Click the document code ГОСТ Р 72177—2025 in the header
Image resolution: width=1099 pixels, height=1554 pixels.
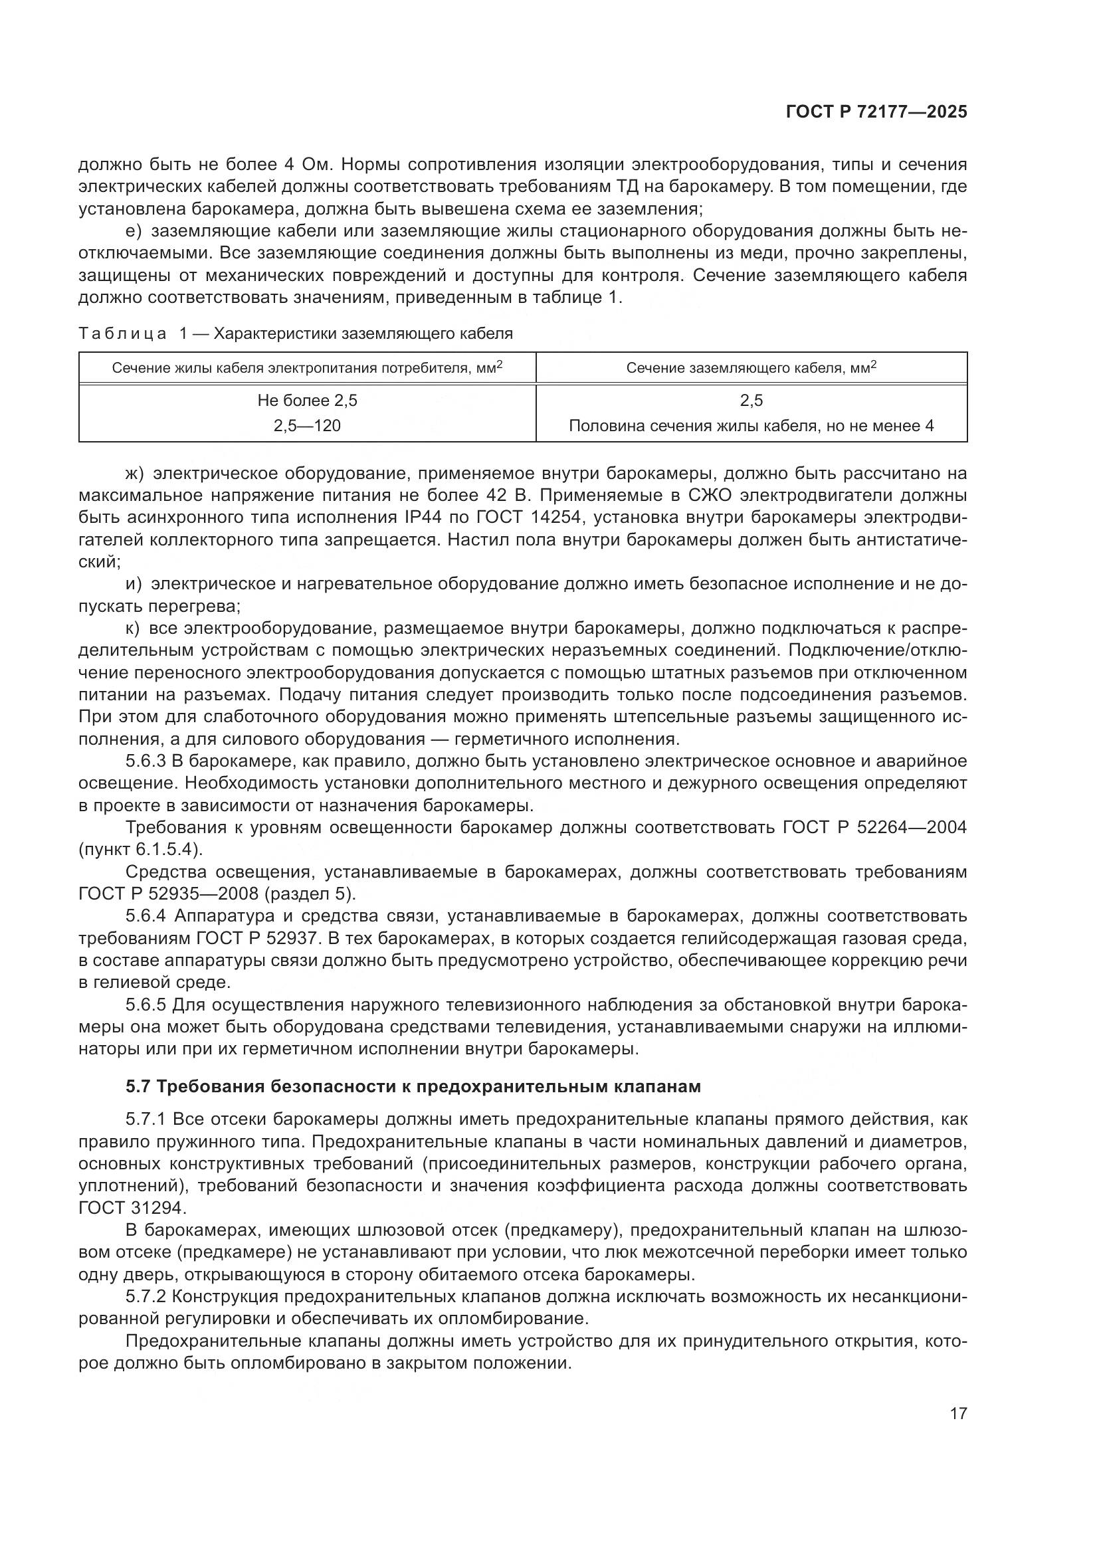coord(876,112)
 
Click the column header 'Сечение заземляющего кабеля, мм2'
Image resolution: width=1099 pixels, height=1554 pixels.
coord(751,367)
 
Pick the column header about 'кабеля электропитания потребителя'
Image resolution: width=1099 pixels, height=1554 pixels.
coord(307,367)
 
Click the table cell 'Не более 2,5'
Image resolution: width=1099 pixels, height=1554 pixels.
coord(307,401)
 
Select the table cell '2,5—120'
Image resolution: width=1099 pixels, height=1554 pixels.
coord(307,426)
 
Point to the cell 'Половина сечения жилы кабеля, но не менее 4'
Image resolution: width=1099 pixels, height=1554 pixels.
coord(751,426)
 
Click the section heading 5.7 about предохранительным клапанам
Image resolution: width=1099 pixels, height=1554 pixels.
coord(413,1087)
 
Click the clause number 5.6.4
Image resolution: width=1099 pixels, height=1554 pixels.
coord(146,916)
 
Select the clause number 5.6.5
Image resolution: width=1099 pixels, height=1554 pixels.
coord(146,1005)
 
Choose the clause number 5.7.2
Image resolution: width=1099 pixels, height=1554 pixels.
coord(146,1298)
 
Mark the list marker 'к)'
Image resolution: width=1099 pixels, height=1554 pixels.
coord(133,629)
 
